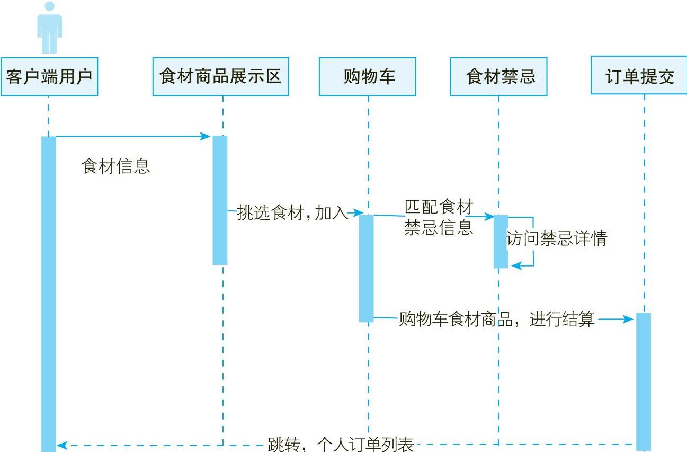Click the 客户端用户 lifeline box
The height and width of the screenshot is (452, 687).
tap(49, 77)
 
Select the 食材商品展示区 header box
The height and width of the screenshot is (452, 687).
tap(220, 77)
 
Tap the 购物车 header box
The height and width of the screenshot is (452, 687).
tap(367, 77)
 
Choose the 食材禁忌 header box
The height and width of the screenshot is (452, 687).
tap(498, 77)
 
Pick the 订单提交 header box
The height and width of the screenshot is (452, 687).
tap(639, 76)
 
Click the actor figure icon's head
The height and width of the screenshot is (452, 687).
tap(49, 6)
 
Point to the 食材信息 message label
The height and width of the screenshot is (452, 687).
tap(116, 166)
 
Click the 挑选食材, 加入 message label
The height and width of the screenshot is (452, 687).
tap(292, 213)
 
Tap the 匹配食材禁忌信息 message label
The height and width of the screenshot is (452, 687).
tap(438, 217)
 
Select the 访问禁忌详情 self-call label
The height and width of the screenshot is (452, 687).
tap(556, 239)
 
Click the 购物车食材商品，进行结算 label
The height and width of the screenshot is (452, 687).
tap(496, 320)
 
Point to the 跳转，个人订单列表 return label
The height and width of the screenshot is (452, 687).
tap(340, 444)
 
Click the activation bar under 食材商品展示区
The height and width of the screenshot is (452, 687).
tap(220, 200)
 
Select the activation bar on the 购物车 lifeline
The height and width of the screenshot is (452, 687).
tap(367, 268)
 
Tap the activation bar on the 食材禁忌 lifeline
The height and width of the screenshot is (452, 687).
tap(501, 241)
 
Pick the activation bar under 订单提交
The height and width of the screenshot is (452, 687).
tap(644, 382)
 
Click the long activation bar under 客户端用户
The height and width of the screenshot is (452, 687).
tap(49, 291)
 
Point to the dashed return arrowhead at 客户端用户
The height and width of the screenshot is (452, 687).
tap(61, 445)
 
